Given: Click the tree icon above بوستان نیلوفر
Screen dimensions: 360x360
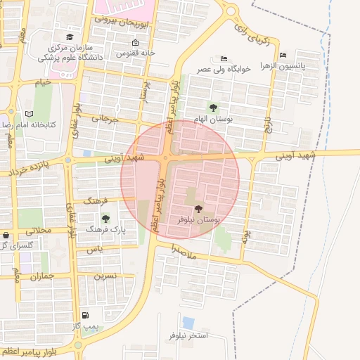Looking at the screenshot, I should (198, 208).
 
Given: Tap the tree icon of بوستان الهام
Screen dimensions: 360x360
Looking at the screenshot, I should (213, 108).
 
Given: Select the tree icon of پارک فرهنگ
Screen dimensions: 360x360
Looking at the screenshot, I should (105, 219).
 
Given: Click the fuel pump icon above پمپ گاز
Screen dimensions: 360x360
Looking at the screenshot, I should (86, 316).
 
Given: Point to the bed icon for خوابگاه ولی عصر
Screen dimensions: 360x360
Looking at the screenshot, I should (224, 58).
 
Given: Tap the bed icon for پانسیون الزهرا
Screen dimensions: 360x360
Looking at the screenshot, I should (283, 55).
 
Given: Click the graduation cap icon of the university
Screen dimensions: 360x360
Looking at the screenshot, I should (69, 37).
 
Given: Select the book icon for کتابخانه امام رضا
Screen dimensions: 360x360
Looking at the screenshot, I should (29, 113).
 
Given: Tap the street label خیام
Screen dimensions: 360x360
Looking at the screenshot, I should (44, 83).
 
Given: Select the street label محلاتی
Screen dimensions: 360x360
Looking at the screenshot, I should (39, 231).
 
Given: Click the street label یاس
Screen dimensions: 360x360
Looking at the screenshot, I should (95, 250).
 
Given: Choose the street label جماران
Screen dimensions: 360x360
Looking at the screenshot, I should (42, 276).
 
